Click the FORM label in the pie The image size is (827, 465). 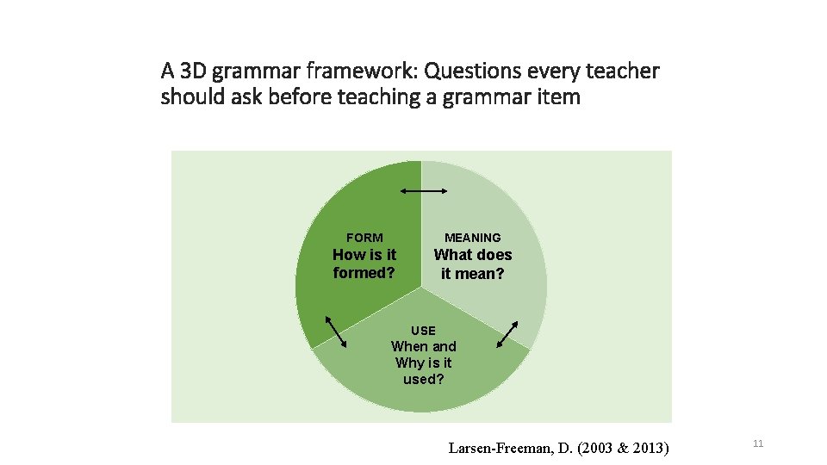click(364, 238)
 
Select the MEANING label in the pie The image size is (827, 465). click(472, 238)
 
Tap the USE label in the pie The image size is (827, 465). click(423, 331)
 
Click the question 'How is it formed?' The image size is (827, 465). click(364, 263)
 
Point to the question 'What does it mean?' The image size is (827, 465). click(472, 264)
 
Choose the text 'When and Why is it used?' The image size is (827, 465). click(423, 363)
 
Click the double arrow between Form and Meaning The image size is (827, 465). click(423, 191)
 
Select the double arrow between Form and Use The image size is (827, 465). click(335, 334)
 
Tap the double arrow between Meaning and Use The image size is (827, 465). click(507, 334)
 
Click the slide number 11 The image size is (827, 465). click(758, 443)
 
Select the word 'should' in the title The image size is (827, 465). click(189, 97)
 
